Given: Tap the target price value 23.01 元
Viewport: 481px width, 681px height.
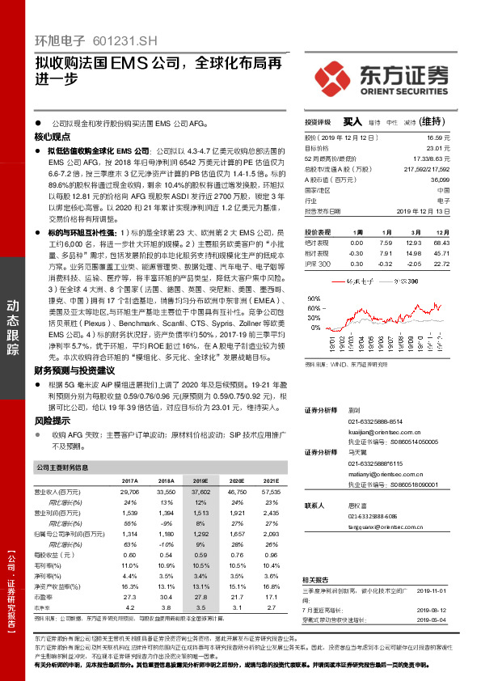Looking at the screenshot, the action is pos(461,148).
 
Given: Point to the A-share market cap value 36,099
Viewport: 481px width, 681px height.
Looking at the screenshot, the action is pos(461,179).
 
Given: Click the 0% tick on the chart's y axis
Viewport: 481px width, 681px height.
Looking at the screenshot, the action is pos(314,329).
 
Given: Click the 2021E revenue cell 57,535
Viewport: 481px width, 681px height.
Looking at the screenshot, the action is pos(272,492).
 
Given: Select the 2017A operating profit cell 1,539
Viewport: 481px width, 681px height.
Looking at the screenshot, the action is pos(129,514).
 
